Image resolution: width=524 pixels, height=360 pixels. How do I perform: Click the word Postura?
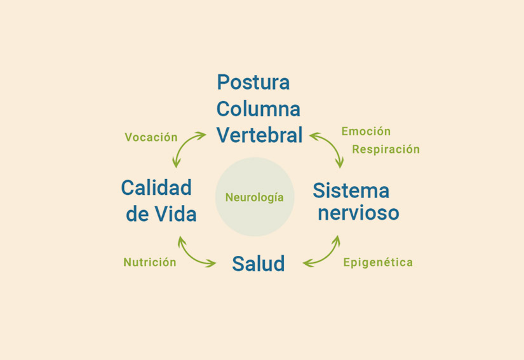[x=253, y=83]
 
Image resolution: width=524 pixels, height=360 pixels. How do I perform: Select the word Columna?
[x=258, y=109]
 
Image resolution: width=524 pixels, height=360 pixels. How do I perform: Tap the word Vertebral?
[x=259, y=135]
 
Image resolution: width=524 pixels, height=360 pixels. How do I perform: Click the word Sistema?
[x=351, y=190]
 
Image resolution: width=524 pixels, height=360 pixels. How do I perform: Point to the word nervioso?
[x=358, y=213]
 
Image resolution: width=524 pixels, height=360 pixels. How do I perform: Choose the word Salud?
[x=258, y=263]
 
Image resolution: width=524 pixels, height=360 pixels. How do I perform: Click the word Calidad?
[x=156, y=188]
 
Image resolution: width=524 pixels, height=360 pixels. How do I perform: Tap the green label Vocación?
[x=151, y=137]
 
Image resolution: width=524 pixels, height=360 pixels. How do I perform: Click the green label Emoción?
[x=366, y=131]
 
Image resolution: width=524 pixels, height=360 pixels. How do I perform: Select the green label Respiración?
[x=386, y=150]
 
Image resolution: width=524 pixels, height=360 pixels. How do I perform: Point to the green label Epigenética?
[x=378, y=262]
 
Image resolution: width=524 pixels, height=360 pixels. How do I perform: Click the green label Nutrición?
[x=150, y=262]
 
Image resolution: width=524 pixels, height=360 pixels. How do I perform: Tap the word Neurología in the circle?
[x=254, y=197]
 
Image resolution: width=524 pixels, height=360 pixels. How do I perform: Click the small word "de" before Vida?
[x=137, y=215]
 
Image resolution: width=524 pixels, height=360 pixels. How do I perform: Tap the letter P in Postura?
[x=223, y=83]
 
